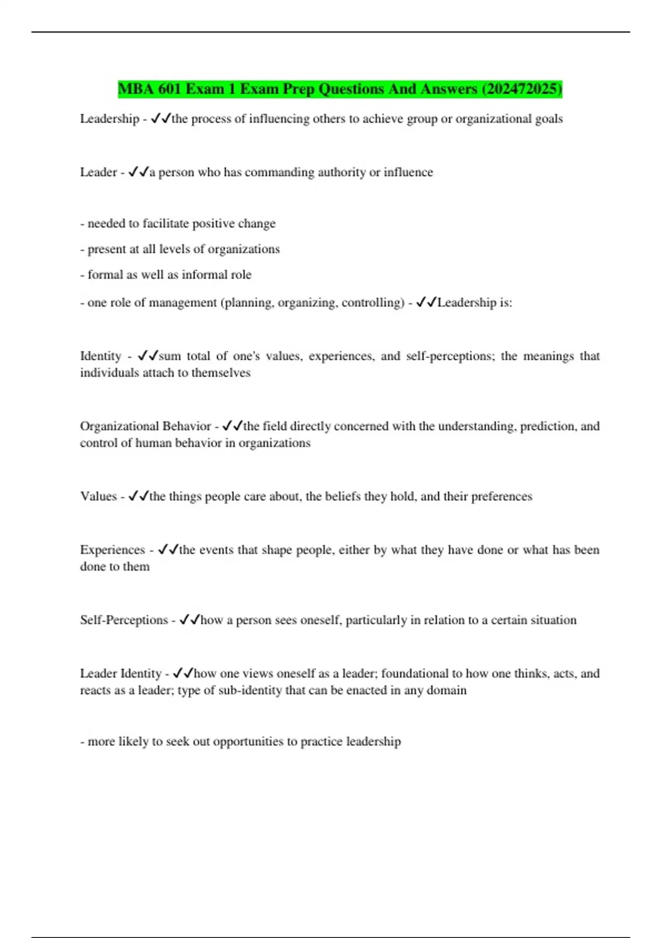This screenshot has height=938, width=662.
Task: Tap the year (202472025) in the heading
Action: coord(521,89)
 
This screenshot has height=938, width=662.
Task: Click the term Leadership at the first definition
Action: coord(109,119)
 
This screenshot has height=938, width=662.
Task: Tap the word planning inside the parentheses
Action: coord(248,303)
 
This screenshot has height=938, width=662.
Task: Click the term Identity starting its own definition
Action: coord(100,356)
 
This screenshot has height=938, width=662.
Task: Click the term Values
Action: coord(98,496)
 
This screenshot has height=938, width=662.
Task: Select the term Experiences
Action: coord(112,550)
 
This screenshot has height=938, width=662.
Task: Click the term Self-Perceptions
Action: coord(124,620)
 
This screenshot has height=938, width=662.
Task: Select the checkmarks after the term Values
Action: coord(138,496)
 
